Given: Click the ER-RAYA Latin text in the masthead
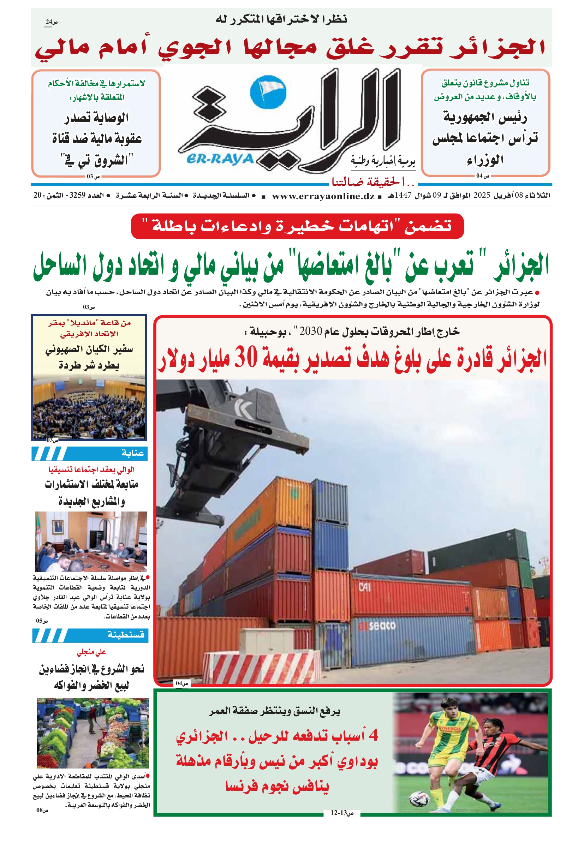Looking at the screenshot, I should pos(220,159).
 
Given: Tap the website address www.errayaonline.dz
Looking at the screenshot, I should pos(323,196).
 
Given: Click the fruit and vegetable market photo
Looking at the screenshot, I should pos(93,733).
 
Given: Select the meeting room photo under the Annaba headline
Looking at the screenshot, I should pos(91,542).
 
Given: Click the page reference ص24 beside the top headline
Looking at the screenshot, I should pos(51,23).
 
